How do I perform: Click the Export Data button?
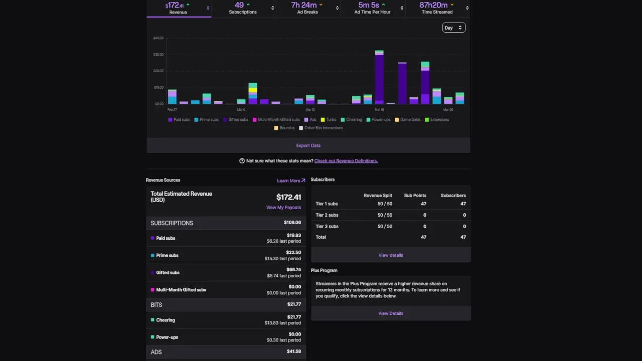pyautogui.click(x=308, y=145)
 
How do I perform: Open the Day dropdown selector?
pyautogui.click(x=453, y=28)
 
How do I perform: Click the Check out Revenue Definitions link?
pyautogui.click(x=346, y=161)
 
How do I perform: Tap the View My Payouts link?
pyautogui.click(x=283, y=208)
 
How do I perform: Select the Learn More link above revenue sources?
pyautogui.click(x=291, y=180)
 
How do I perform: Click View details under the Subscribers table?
pyautogui.click(x=390, y=255)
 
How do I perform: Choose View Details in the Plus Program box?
pyautogui.click(x=390, y=313)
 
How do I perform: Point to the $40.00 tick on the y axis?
pyautogui.click(x=158, y=38)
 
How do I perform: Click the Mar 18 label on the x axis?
pyautogui.click(x=379, y=110)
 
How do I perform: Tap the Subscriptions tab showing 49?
pyautogui.click(x=243, y=9)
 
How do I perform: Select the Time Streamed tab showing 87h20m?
pyautogui.click(x=437, y=9)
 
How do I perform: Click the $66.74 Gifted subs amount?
pyautogui.click(x=293, y=270)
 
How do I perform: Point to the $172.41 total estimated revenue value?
pyautogui.click(x=288, y=197)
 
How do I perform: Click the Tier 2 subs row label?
pyautogui.click(x=327, y=215)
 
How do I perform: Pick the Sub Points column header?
pyautogui.click(x=415, y=196)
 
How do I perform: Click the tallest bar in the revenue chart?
pyautogui.click(x=379, y=78)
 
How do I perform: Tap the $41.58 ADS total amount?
pyautogui.click(x=293, y=351)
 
